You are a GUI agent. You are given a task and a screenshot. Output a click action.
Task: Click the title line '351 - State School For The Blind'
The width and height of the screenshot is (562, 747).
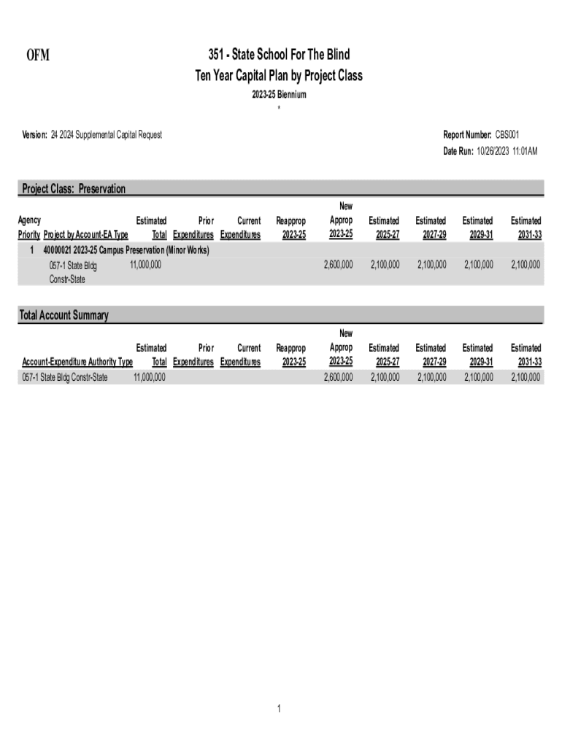pos(278,55)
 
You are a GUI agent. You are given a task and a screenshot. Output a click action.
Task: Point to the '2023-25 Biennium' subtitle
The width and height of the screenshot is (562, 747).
pos(278,95)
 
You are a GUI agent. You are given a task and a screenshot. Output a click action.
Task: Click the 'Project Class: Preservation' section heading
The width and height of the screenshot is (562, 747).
pos(74,189)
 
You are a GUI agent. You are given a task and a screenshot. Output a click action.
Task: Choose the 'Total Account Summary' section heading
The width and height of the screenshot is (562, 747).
pos(65,315)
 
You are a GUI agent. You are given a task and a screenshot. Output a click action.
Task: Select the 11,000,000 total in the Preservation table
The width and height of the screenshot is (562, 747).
pos(145,264)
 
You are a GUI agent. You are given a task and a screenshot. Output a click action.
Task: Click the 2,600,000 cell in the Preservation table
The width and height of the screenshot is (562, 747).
pos(337,264)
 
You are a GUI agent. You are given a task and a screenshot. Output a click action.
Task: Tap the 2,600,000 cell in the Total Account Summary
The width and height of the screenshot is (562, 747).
pos(337,377)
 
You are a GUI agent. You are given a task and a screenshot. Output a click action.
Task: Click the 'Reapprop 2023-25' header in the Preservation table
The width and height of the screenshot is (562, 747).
pos(290,228)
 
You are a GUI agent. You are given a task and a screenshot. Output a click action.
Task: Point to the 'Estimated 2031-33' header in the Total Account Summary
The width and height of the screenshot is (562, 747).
pos(526,355)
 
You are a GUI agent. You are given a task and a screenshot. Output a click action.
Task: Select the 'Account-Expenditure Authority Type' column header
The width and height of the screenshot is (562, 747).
pos(77,362)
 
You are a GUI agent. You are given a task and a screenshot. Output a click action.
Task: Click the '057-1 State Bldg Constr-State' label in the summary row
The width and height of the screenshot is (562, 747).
pos(65,377)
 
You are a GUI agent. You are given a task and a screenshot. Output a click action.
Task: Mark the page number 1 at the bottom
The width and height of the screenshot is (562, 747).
pos(279,708)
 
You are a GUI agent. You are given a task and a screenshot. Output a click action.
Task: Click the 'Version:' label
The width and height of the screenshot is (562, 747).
pos(33,134)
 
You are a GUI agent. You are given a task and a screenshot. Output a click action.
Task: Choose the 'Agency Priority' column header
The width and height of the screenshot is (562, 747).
pos(29,228)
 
